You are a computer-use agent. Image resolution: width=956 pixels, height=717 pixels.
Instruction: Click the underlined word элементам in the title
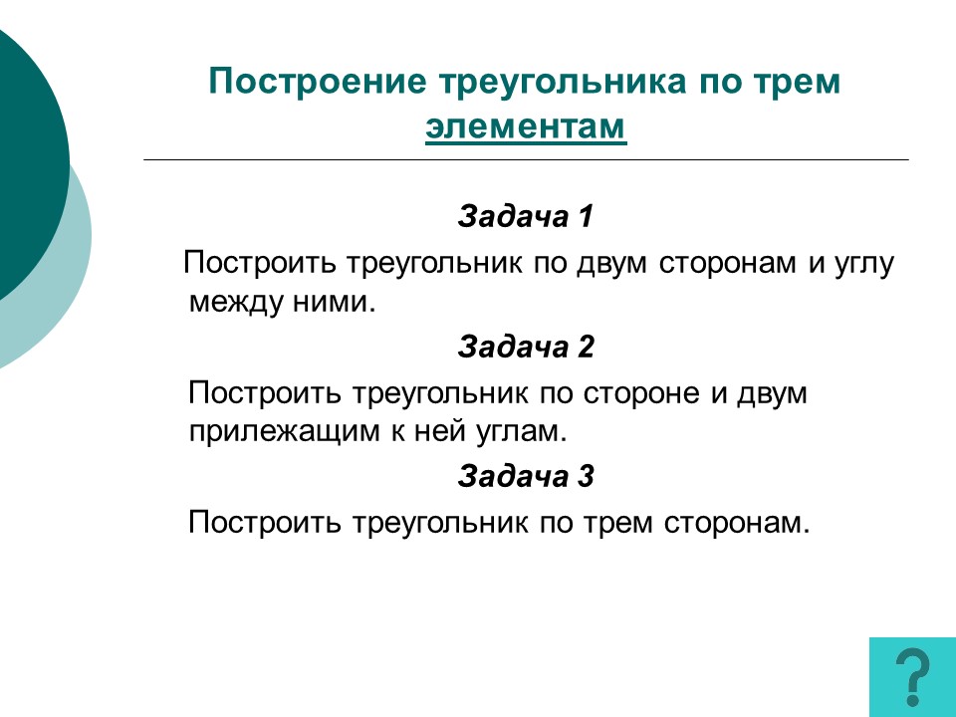[x=526, y=126]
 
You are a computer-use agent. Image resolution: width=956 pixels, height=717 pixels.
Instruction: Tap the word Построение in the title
[x=317, y=81]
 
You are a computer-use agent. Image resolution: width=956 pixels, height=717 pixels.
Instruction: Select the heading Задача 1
[x=526, y=216]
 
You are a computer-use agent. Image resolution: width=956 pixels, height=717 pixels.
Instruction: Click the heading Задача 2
[x=526, y=347]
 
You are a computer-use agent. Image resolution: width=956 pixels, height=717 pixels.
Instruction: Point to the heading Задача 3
[x=526, y=476]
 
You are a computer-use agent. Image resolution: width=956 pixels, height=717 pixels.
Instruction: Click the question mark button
[x=913, y=677]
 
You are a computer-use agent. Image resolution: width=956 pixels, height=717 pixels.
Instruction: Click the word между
[x=236, y=303]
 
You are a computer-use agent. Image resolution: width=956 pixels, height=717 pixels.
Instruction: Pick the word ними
[x=334, y=303]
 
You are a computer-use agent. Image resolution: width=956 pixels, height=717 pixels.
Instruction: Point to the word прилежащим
[x=284, y=432]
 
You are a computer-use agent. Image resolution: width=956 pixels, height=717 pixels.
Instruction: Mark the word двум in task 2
[x=772, y=394]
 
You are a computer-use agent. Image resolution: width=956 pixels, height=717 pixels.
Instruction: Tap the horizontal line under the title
[x=526, y=159]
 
